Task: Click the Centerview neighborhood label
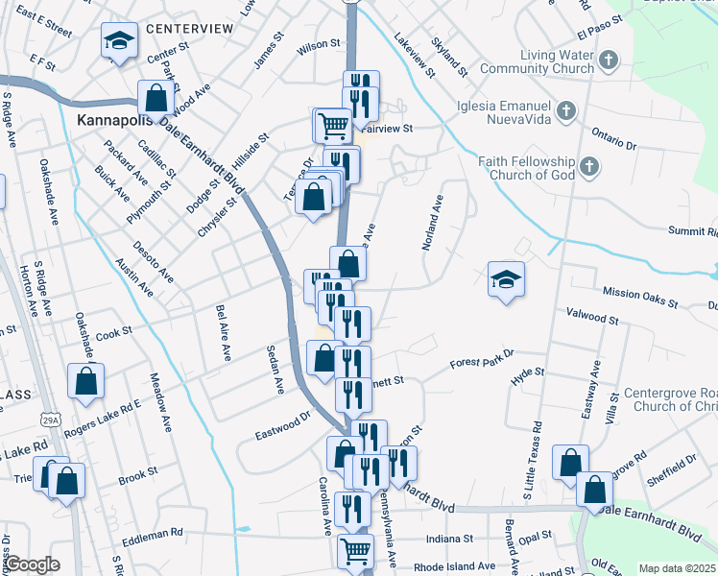click(x=190, y=29)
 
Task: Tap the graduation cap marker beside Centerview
click(x=119, y=41)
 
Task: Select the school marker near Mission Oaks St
click(x=506, y=279)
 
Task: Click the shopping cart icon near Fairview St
click(x=333, y=125)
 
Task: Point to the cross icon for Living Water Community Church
click(x=607, y=61)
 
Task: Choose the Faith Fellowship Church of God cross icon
click(x=589, y=168)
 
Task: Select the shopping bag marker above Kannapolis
click(x=156, y=98)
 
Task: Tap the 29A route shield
click(x=51, y=420)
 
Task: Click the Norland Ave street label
click(x=433, y=224)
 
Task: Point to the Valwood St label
click(x=593, y=315)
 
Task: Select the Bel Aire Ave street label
click(x=224, y=332)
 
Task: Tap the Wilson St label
click(x=319, y=45)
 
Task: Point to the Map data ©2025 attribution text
click(x=677, y=568)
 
